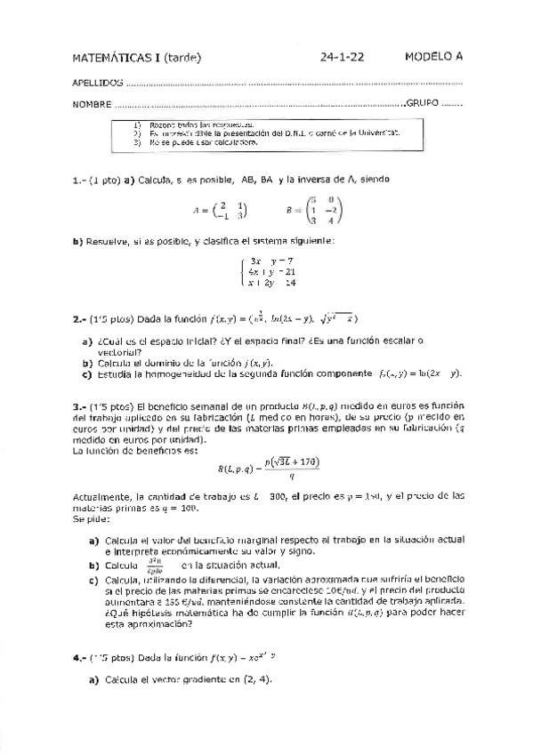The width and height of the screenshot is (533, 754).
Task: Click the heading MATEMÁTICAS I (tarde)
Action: point(137,58)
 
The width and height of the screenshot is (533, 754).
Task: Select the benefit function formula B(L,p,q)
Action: point(268,469)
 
